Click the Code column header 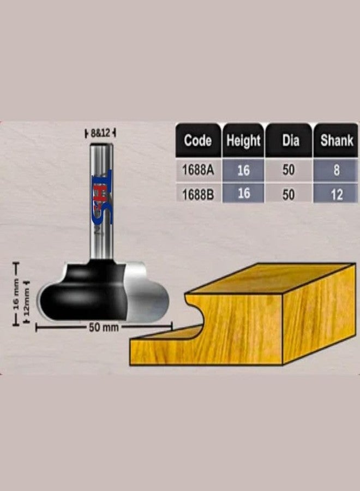[197, 140]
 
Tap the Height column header [243, 140]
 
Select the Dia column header [290, 140]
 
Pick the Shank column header [337, 140]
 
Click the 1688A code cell [197, 170]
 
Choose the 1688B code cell [197, 194]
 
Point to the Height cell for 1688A [243, 170]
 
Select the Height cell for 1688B [243, 194]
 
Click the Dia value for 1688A [289, 170]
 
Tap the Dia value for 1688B [289, 194]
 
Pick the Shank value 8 [337, 170]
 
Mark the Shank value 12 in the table [337, 194]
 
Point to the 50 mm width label [104, 328]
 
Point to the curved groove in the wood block [199, 311]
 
